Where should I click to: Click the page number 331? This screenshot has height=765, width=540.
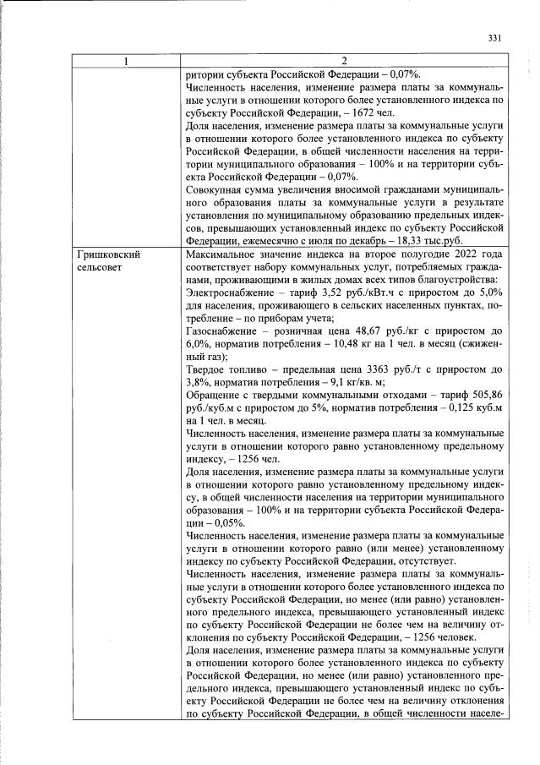tap(495, 37)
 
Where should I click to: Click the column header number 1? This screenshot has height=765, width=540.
tap(126, 62)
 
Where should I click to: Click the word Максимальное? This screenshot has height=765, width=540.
tap(221, 254)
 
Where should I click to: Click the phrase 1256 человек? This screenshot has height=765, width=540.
tap(439, 637)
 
